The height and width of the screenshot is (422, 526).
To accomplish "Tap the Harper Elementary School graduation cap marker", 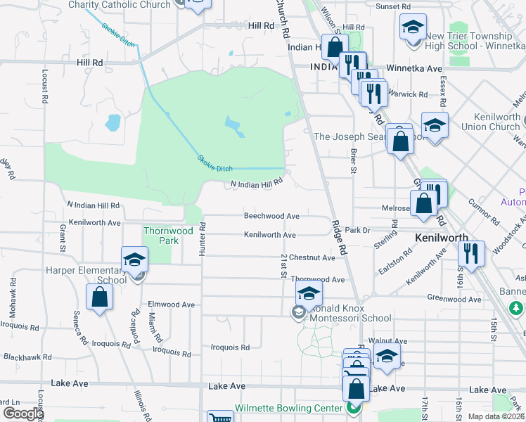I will click(x=134, y=260).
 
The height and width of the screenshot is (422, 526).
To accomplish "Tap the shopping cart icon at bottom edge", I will click(x=220, y=418).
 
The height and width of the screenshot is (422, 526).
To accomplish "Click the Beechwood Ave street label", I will click(x=271, y=216).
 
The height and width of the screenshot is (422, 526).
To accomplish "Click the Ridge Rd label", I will click(x=340, y=237).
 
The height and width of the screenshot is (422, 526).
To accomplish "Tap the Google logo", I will click(x=23, y=414).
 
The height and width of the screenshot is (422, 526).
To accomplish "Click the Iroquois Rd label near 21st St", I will click(x=231, y=347).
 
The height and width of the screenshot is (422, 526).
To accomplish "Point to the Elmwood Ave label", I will click(x=171, y=305).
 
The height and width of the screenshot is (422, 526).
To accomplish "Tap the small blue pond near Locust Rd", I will click(x=113, y=124).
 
